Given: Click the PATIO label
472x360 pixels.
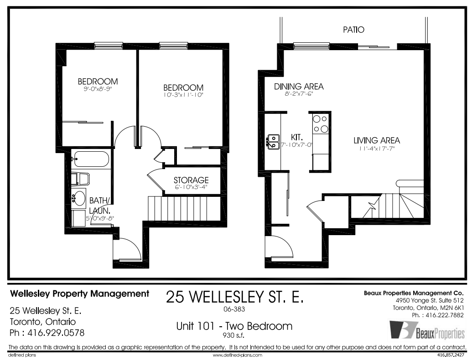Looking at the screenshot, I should (x=353, y=30).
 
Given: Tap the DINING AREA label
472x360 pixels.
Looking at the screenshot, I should (x=299, y=87).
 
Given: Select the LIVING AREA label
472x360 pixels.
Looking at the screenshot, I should (x=377, y=140).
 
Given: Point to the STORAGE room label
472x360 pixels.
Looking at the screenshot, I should (x=191, y=180).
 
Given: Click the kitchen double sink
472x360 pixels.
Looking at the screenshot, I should (x=273, y=141).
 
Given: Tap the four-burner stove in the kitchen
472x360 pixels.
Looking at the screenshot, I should (x=320, y=123).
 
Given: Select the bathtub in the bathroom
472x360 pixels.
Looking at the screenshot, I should (x=90, y=160).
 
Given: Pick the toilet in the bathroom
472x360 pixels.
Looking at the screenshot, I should (x=81, y=178).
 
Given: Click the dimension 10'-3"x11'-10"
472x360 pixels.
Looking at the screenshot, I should (x=183, y=95).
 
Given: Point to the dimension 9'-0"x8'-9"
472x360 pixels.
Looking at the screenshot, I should (x=98, y=89).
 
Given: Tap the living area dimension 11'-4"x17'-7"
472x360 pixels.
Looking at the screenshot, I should (x=377, y=149).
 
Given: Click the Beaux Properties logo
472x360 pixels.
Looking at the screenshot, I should (x=426, y=330).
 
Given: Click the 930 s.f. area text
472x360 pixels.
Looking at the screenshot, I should (x=233, y=335).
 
